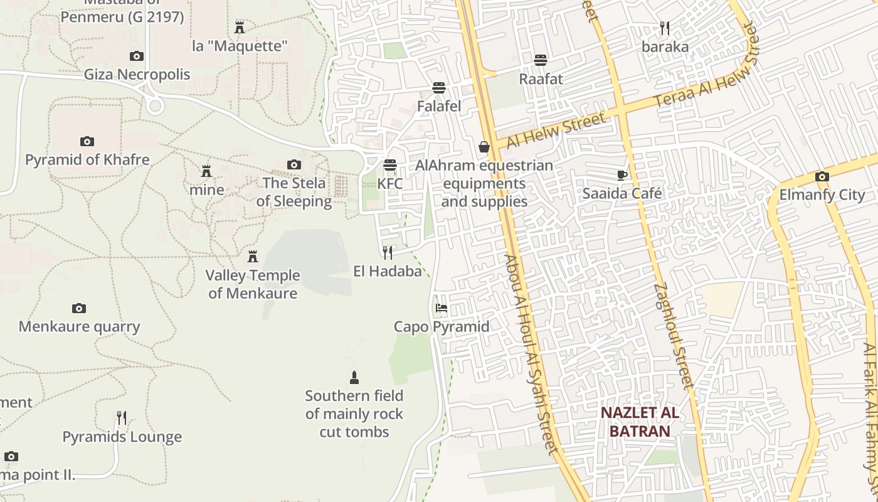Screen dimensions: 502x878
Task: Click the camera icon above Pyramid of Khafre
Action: pyautogui.click(x=87, y=142)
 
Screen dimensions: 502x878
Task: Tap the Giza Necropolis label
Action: pyautogui.click(x=137, y=75)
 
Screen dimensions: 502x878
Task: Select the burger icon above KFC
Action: pyautogui.click(x=390, y=165)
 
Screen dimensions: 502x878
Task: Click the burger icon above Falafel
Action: pyautogui.click(x=439, y=88)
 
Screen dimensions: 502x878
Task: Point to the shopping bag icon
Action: pyautogui.click(x=484, y=147)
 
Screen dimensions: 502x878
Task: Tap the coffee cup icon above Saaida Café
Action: pyautogui.click(x=621, y=175)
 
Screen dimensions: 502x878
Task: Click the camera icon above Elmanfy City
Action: pyautogui.click(x=822, y=177)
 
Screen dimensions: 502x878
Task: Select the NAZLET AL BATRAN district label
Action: pyautogui.click(x=640, y=422)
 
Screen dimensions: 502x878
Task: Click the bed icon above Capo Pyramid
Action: pyautogui.click(x=442, y=308)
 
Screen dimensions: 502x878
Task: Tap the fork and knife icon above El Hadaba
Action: pyautogui.click(x=388, y=253)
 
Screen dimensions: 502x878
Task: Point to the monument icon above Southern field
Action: pyautogui.click(x=354, y=377)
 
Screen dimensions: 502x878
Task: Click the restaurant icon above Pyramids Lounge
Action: pyautogui.click(x=122, y=418)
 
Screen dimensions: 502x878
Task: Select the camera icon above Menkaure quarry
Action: pyautogui.click(x=78, y=308)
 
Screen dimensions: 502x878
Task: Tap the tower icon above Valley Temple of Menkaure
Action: pyautogui.click(x=253, y=257)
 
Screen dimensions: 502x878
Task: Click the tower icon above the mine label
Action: pyautogui.click(x=206, y=171)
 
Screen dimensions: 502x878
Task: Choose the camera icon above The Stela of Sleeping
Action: pyautogui.click(x=294, y=165)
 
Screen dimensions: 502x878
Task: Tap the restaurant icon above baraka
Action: pyautogui.click(x=665, y=28)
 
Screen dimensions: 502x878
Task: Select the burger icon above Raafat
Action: pyautogui.click(x=541, y=60)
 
